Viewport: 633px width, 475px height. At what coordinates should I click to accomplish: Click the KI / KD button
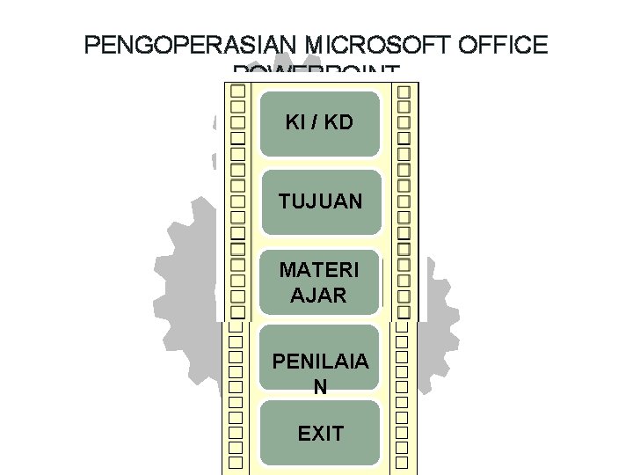tap(319, 122)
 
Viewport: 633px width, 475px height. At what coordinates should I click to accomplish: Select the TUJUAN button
tap(319, 201)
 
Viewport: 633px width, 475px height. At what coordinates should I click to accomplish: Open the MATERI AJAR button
tap(319, 281)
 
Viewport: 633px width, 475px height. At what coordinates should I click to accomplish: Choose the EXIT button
tap(319, 433)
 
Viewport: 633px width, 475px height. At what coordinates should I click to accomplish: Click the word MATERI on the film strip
tap(319, 268)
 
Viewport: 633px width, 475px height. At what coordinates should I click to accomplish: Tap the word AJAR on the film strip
tap(318, 295)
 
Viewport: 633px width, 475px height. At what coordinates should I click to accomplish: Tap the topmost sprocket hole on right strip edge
tap(404, 91)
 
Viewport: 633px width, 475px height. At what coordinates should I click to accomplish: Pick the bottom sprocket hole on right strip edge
tap(404, 461)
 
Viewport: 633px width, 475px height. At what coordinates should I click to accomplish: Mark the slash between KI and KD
tap(313, 122)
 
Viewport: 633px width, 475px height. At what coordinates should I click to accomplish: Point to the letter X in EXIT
tap(315, 433)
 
